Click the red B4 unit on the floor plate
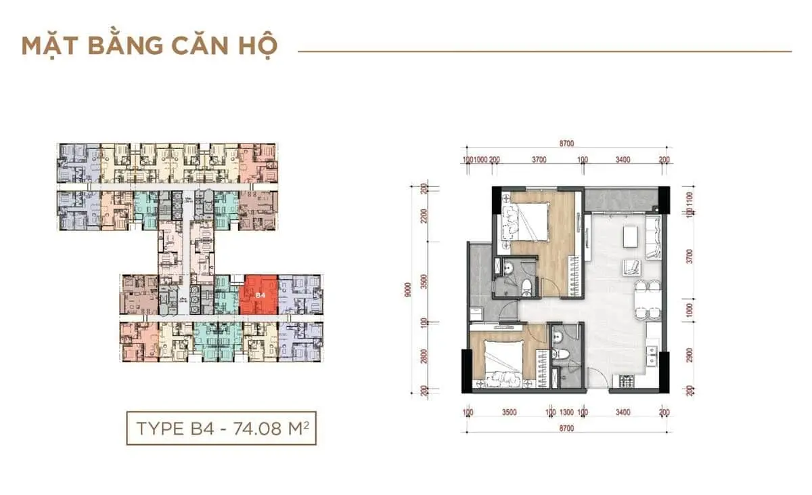[258, 296]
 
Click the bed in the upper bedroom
[524, 221]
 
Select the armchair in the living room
[631, 266]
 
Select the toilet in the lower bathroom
[560, 354]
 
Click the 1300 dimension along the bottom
[566, 412]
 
